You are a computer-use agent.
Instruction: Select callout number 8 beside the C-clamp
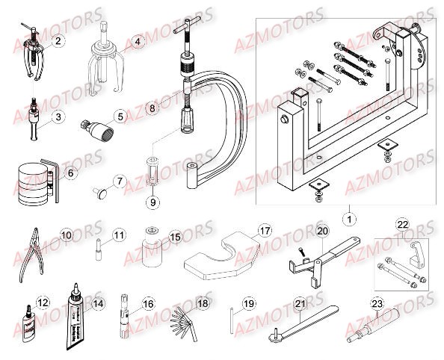(x=152, y=108)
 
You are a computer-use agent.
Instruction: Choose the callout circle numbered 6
(x=71, y=173)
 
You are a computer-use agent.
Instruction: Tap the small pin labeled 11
(x=99, y=248)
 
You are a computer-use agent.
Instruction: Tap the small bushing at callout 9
(x=152, y=179)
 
